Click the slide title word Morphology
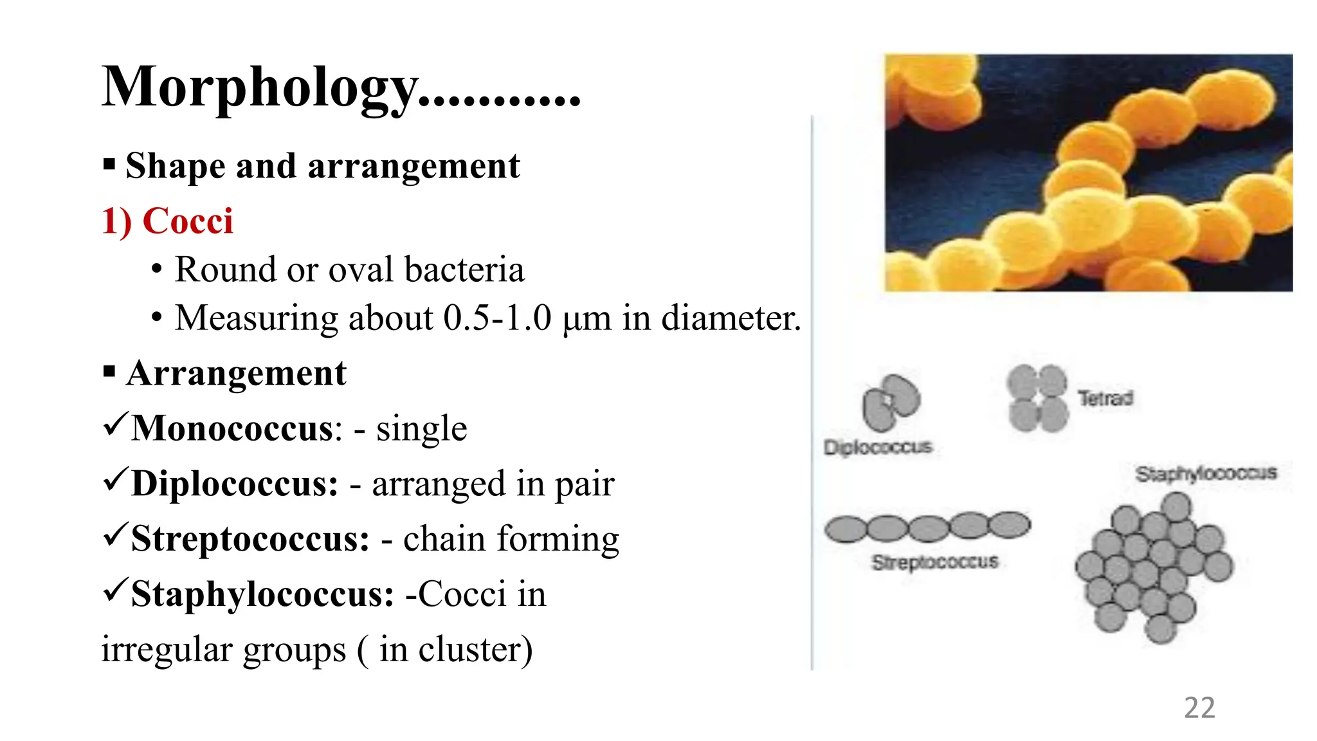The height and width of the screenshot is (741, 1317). click(x=260, y=88)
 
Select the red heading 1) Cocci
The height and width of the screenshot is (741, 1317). click(x=167, y=221)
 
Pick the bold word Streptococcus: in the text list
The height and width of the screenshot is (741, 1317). click(x=250, y=539)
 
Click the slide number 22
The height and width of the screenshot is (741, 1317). click(x=1199, y=708)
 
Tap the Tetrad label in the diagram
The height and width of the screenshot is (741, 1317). click(x=1105, y=398)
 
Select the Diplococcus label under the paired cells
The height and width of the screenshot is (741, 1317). click(x=878, y=447)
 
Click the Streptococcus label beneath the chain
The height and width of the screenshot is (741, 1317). click(x=935, y=562)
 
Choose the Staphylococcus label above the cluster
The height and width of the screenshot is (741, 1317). click(x=1206, y=474)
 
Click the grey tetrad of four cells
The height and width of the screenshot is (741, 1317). click(x=1037, y=398)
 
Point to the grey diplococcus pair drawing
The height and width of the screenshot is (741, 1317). click(x=891, y=403)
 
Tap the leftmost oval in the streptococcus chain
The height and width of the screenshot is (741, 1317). click(x=845, y=529)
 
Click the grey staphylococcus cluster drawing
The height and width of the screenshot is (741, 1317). click(x=1154, y=566)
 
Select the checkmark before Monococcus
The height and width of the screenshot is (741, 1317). click(x=115, y=425)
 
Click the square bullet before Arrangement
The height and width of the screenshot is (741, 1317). click(x=109, y=372)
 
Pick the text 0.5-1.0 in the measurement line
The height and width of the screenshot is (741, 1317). click(x=497, y=318)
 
